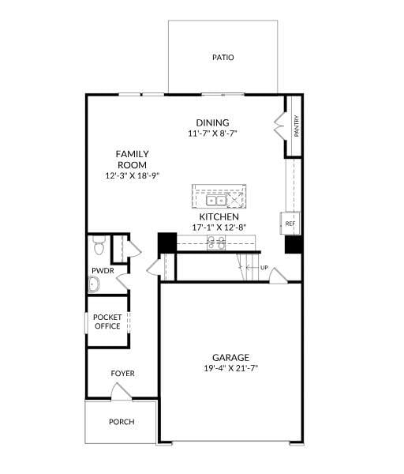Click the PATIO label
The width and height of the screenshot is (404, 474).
tap(223, 58)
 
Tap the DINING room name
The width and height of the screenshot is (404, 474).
tap(212, 122)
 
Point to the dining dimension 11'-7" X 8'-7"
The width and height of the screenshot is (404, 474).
tap(212, 134)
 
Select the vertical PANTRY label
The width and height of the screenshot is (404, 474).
tap(296, 126)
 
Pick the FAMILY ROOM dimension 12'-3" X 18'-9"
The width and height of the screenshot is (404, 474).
tap(133, 175)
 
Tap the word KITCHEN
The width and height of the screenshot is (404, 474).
tap(219, 216)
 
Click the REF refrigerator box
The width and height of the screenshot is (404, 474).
tap(290, 224)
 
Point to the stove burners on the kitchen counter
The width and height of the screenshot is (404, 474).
tap(215, 242)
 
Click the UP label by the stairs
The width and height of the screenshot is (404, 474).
tap(264, 269)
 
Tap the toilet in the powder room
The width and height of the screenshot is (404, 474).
tap(98, 248)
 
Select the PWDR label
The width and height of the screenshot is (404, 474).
tap(103, 270)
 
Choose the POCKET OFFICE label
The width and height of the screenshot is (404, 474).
tap(107, 321)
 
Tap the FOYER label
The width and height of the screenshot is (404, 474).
tap(122, 373)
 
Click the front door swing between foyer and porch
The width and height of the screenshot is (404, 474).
tap(120, 390)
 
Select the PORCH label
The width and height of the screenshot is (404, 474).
tap(121, 421)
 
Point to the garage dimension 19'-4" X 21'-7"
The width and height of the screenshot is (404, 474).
tap(230, 367)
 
